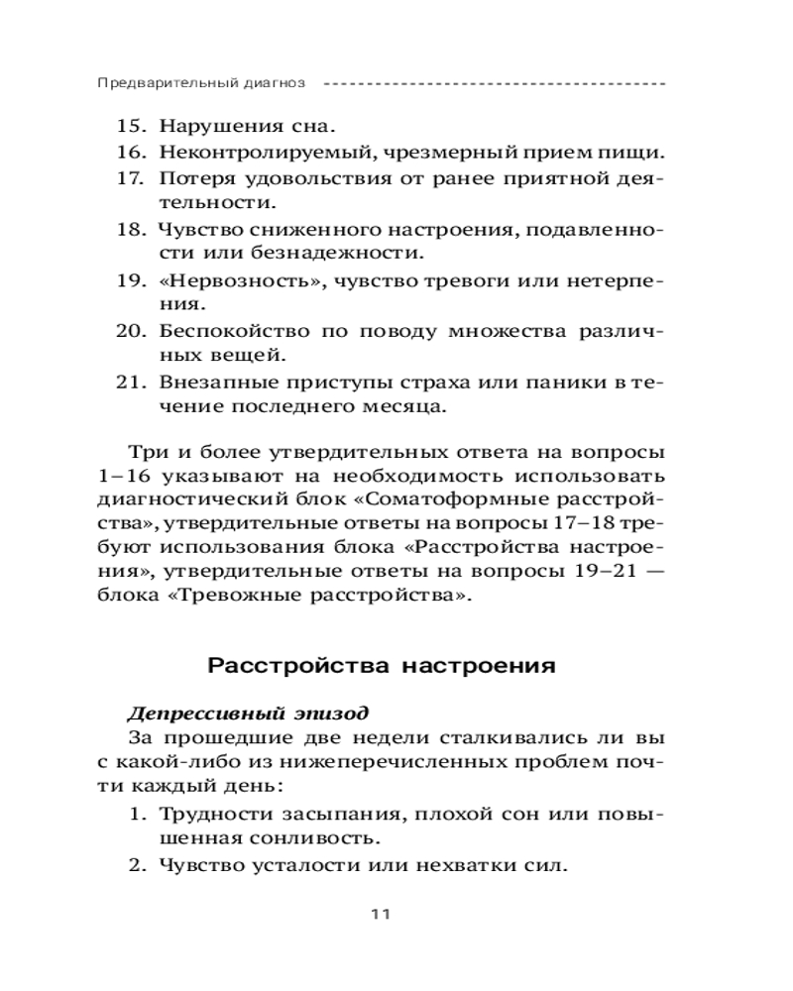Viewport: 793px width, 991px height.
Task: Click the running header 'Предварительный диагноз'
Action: pyautogui.click(x=201, y=83)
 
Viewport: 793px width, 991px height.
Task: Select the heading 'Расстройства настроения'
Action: pyautogui.click(x=382, y=666)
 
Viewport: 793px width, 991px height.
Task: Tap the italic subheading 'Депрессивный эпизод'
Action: pyautogui.click(x=248, y=714)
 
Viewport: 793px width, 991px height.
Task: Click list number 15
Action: pyautogui.click(x=132, y=127)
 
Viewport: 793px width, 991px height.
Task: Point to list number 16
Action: pyautogui.click(x=132, y=153)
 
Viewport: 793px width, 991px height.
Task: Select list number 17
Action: pyautogui.click(x=132, y=178)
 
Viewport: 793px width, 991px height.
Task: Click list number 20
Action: pyautogui.click(x=132, y=329)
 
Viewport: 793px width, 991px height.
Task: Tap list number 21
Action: pyautogui.click(x=132, y=381)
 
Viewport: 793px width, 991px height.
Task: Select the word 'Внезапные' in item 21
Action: pyautogui.click(x=208, y=381)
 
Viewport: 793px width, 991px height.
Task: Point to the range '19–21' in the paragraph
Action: pyautogui.click(x=588, y=571)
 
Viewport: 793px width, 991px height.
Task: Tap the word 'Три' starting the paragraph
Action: pyautogui.click(x=145, y=454)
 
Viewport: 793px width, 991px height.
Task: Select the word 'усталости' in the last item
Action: pyautogui.click(x=290, y=865)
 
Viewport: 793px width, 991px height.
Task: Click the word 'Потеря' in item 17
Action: pyautogui.click(x=191, y=178)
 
